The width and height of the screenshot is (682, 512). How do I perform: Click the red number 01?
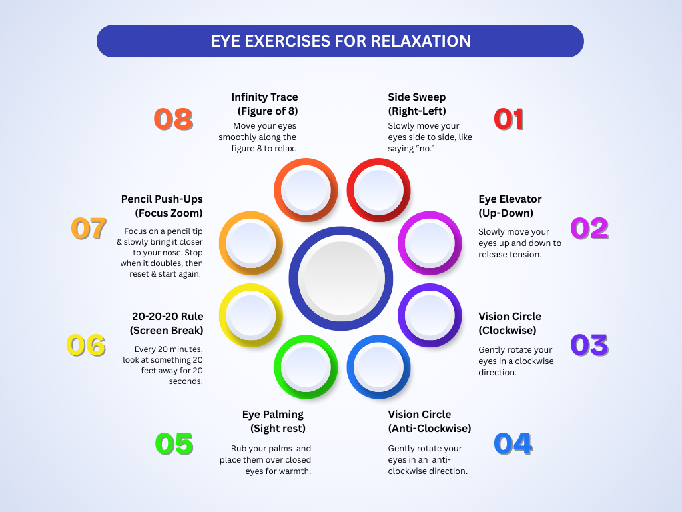(x=509, y=119)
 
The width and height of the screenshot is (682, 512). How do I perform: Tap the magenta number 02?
(x=589, y=229)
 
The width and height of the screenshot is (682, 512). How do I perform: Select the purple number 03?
(x=589, y=345)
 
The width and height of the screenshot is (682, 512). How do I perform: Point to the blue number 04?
(x=513, y=444)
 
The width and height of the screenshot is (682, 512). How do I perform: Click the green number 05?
(x=174, y=444)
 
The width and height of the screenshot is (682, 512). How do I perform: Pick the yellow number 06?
(x=86, y=345)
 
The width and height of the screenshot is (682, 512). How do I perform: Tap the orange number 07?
(x=89, y=229)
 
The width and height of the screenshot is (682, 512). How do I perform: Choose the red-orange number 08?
(x=173, y=119)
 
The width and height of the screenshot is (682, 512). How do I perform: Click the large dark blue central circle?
(x=341, y=278)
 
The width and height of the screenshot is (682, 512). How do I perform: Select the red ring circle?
(x=378, y=190)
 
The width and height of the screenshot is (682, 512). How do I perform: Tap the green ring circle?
(x=306, y=367)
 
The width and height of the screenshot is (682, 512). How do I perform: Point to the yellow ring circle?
(x=250, y=315)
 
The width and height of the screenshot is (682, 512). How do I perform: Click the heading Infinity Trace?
(x=264, y=97)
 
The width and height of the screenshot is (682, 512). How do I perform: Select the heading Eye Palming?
(x=273, y=415)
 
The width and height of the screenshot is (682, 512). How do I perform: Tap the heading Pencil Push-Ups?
(x=162, y=199)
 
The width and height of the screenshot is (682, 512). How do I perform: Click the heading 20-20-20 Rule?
(x=167, y=316)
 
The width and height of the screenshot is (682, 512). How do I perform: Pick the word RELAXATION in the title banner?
(x=420, y=41)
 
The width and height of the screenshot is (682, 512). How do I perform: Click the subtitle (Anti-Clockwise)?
(x=430, y=428)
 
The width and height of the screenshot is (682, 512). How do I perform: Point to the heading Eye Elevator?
(x=510, y=199)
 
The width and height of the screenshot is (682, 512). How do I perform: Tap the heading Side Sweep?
(x=417, y=97)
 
